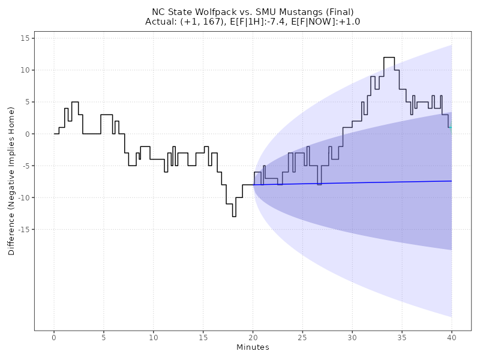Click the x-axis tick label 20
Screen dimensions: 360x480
253,338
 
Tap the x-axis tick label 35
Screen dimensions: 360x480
402,338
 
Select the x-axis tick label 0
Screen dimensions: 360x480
54,338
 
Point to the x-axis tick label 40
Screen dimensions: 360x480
452,338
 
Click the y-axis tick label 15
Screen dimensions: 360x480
25,38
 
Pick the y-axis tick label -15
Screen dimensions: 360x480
23,230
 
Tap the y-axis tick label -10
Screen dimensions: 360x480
23,198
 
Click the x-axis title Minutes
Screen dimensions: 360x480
253,347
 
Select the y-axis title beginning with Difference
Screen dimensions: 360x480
11,181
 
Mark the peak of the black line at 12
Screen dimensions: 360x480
389,58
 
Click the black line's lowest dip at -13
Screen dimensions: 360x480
234,217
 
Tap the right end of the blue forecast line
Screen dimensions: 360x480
452,181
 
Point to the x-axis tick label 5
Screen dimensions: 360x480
104,338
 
